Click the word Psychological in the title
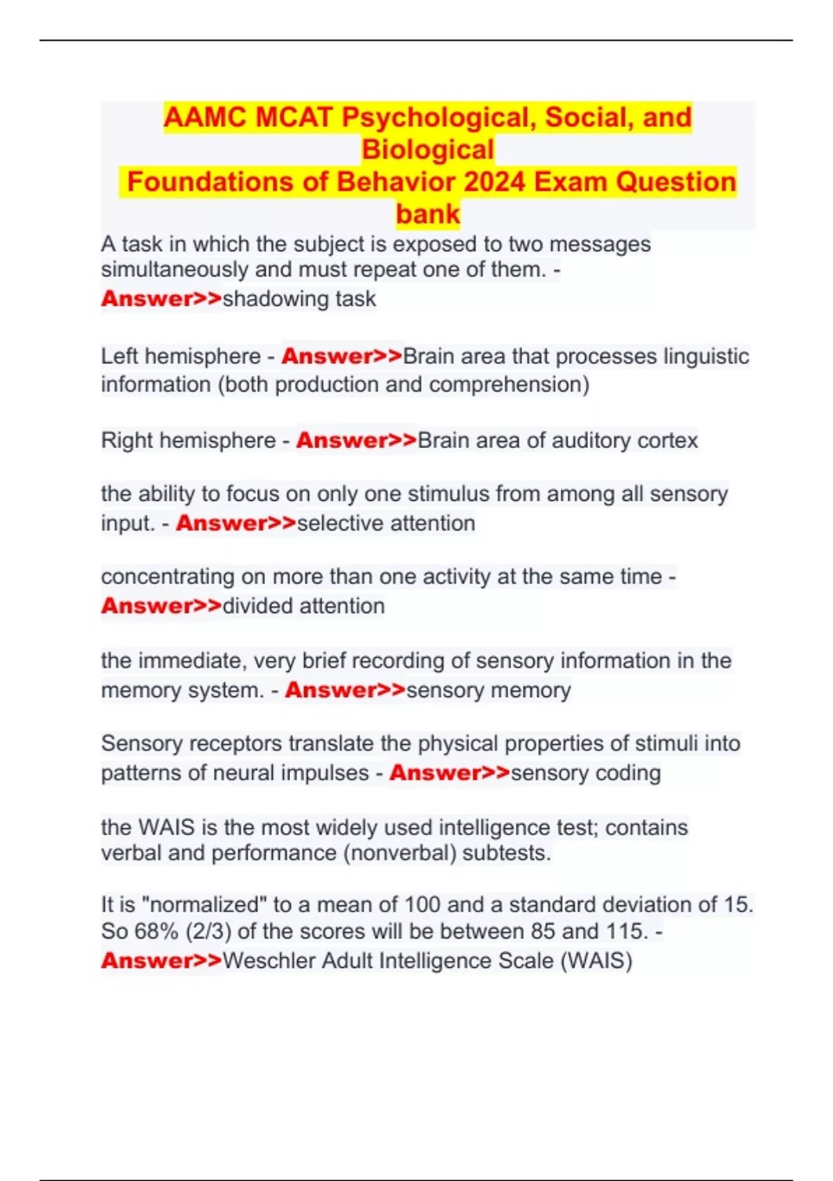(439, 117)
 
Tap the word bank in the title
(428, 214)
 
